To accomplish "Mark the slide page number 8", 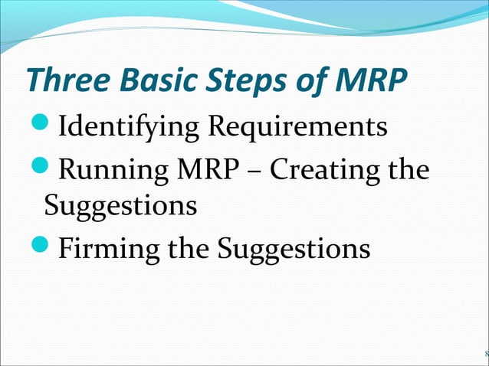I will point(485,354).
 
